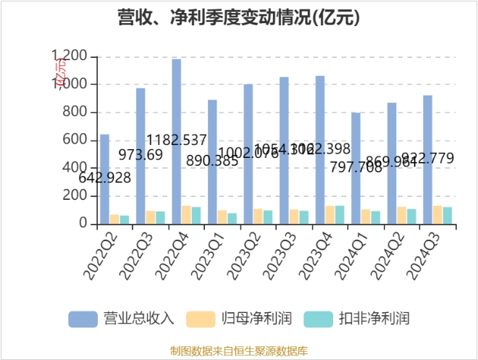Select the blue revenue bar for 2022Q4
[176, 142]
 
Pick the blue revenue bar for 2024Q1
[356, 169]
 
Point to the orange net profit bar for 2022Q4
[186, 215]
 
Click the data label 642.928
[104, 177]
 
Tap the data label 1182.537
[177, 141]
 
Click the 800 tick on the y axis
[76, 112]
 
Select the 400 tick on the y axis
[76, 168]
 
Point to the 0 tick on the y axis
[83, 224]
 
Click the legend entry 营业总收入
[122, 319]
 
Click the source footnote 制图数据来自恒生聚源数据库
[239, 351]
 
